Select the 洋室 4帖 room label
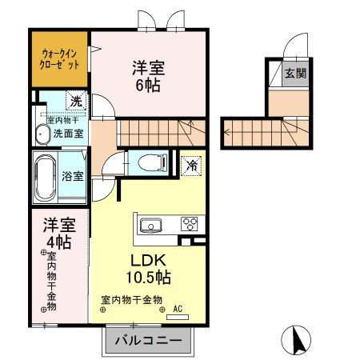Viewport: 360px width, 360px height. tap(58, 231)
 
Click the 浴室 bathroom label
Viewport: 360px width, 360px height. tap(74, 175)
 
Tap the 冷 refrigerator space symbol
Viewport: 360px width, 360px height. tap(192, 166)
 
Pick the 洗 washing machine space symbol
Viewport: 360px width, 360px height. tap(75, 102)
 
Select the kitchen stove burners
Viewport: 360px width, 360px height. tap(190, 223)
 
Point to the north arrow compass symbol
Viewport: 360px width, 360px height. tap(298, 342)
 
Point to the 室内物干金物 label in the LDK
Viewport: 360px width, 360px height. tap(131, 299)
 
